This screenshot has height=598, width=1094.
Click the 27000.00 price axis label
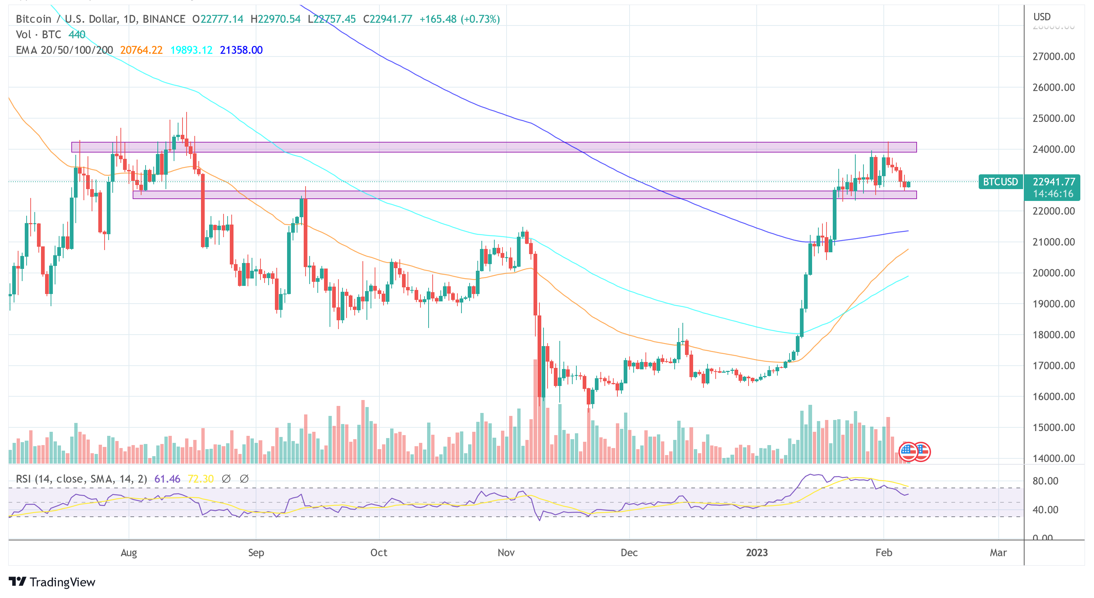coord(1053,57)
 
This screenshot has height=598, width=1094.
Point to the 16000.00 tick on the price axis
coord(1053,397)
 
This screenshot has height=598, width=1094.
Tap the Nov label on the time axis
coord(506,553)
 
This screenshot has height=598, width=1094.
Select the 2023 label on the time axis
coord(757,553)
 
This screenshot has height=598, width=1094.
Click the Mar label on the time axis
coord(998,553)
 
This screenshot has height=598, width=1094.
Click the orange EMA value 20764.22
coord(142,50)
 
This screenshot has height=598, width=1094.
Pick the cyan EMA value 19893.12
coord(191,50)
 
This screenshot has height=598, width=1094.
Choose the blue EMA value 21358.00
coord(241,50)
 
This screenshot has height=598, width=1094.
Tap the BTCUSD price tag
coord(1000,182)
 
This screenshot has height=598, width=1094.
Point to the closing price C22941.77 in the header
coord(387,19)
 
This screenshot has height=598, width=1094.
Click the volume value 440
coord(77,34)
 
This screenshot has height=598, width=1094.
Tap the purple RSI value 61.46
coord(167,479)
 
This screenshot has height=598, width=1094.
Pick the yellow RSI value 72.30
coord(201,479)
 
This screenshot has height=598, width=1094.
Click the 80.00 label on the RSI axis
coord(1045,481)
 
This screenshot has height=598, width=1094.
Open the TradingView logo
coord(52,582)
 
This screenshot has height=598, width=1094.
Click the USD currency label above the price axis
coord(1042,17)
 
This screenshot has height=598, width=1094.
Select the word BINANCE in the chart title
coord(164,19)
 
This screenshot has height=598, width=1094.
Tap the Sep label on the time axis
coord(256,553)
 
